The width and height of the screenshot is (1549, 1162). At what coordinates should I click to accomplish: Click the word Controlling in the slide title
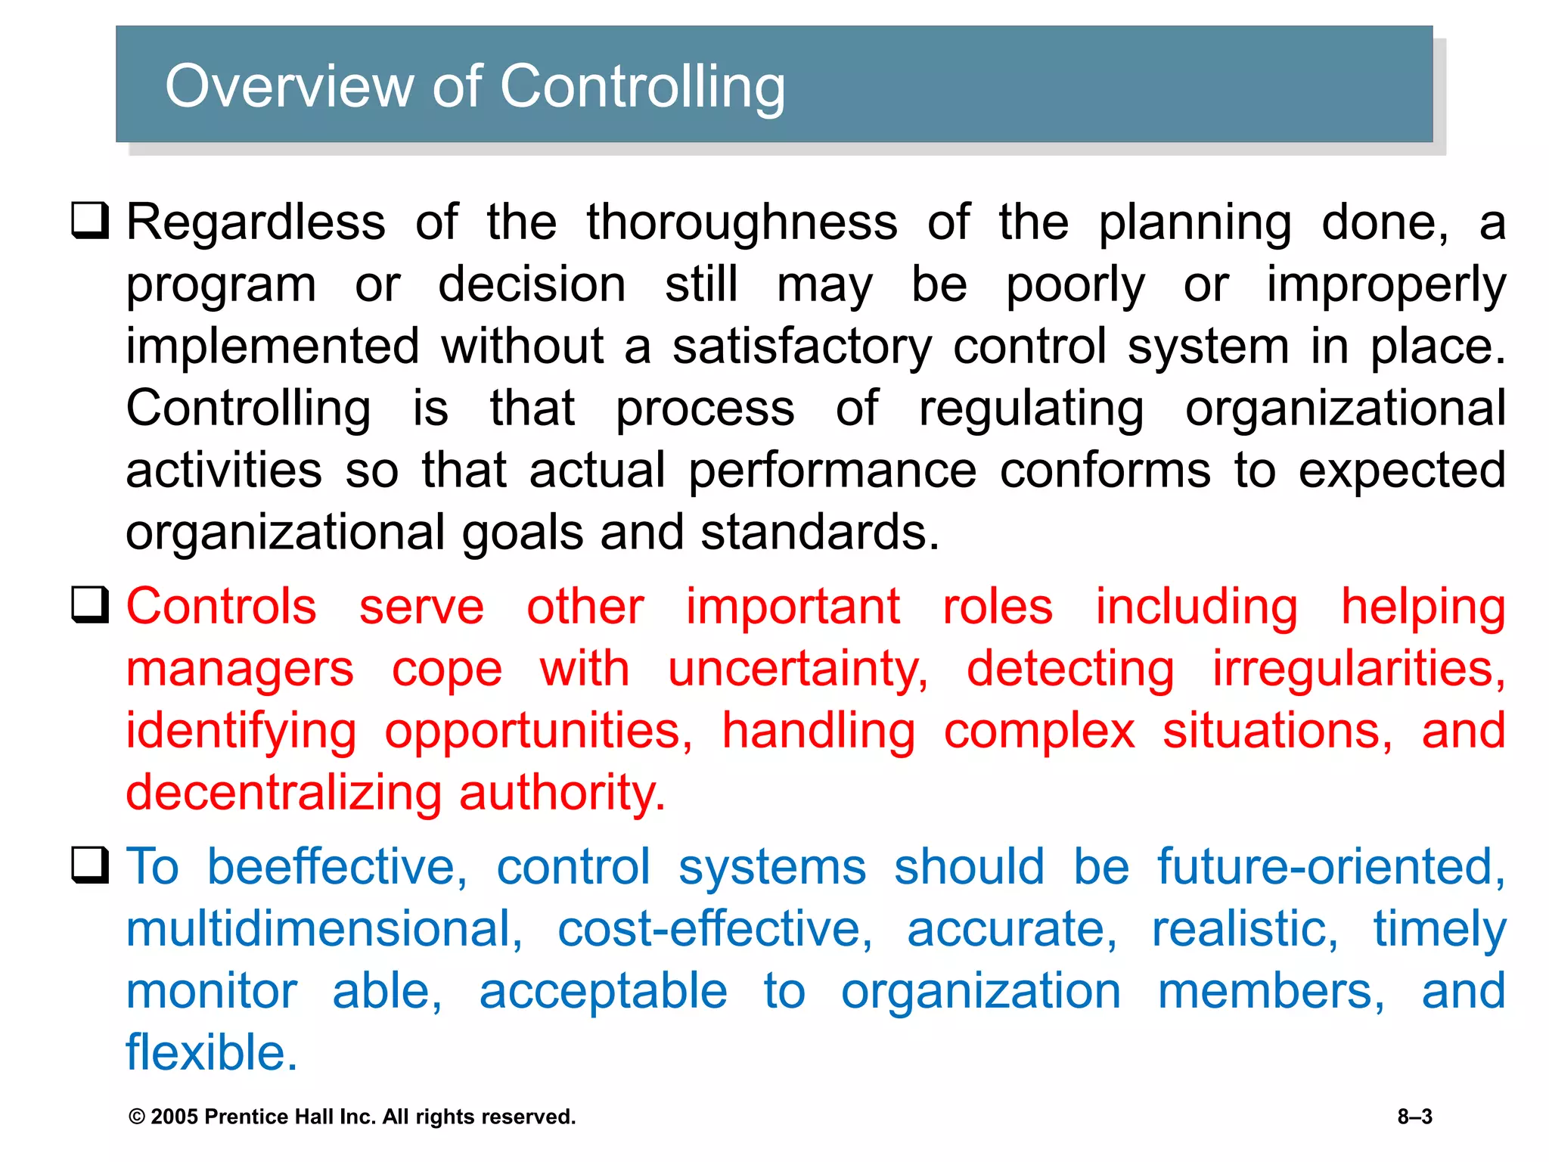(x=642, y=87)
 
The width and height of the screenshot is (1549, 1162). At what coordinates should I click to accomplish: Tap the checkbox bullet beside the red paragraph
(x=90, y=604)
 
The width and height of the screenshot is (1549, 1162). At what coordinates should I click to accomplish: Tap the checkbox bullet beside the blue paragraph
(x=90, y=865)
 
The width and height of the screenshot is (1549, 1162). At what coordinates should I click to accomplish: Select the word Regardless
(x=256, y=222)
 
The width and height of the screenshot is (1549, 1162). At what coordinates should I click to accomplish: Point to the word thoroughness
(x=742, y=222)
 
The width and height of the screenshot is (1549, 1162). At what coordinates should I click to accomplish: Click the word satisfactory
(x=802, y=346)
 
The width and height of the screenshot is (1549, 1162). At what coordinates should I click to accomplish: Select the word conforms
(x=1105, y=471)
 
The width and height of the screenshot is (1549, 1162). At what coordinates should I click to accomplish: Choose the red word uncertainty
(x=798, y=670)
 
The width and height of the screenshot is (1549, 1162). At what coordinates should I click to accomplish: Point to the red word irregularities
(x=1358, y=669)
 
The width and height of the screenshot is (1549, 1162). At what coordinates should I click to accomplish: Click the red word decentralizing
(x=284, y=793)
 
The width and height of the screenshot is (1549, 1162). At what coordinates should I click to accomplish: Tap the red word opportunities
(x=538, y=732)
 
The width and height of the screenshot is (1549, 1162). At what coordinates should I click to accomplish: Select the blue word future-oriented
(x=1331, y=866)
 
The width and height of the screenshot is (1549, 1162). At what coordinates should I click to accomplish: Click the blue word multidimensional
(x=324, y=929)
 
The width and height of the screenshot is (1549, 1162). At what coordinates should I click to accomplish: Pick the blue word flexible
(x=212, y=1052)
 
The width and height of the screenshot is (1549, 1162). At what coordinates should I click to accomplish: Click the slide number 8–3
(x=1414, y=1117)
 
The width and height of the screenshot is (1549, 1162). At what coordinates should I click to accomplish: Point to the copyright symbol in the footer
(x=137, y=1117)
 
